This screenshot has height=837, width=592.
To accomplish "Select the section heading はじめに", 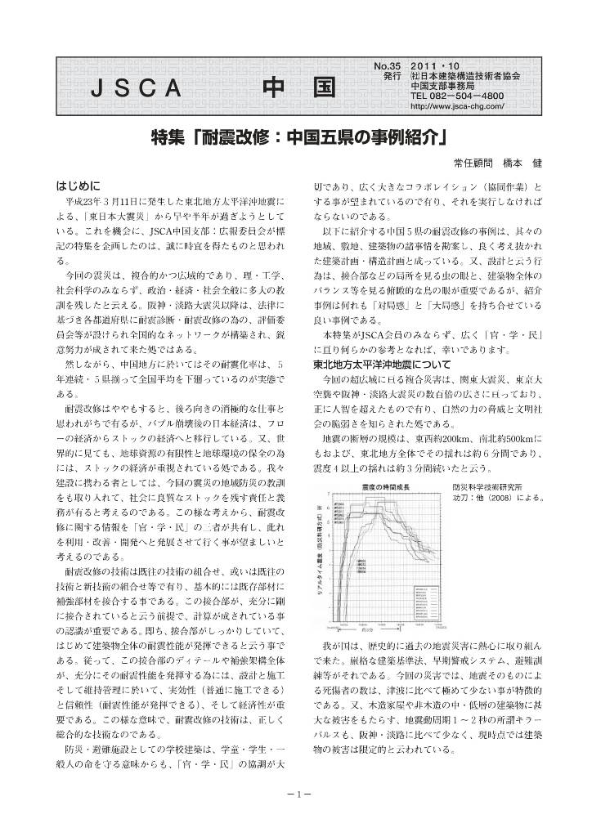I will point(78,184).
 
